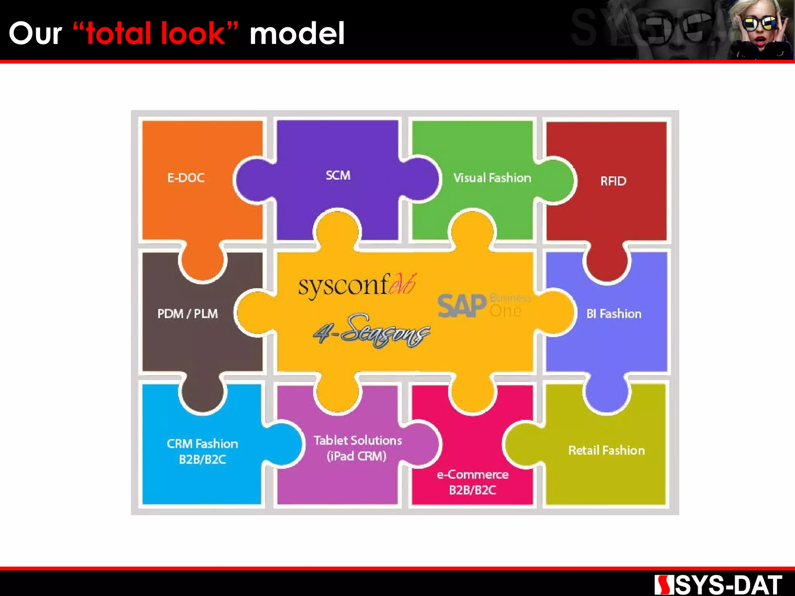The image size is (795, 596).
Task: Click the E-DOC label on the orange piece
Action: (x=186, y=178)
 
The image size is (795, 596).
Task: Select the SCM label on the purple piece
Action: (x=338, y=175)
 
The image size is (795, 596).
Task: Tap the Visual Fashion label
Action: (x=492, y=178)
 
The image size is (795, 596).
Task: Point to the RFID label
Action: (x=613, y=181)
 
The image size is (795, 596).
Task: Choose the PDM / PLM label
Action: (x=187, y=314)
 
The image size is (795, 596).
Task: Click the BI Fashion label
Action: (x=614, y=314)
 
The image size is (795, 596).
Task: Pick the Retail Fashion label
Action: (x=606, y=450)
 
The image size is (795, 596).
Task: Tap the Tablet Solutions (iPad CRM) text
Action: (x=358, y=448)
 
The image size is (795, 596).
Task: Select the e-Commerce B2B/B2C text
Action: (x=472, y=482)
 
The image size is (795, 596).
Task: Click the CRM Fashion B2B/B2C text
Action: (x=202, y=451)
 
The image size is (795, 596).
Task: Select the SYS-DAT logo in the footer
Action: (x=718, y=585)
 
